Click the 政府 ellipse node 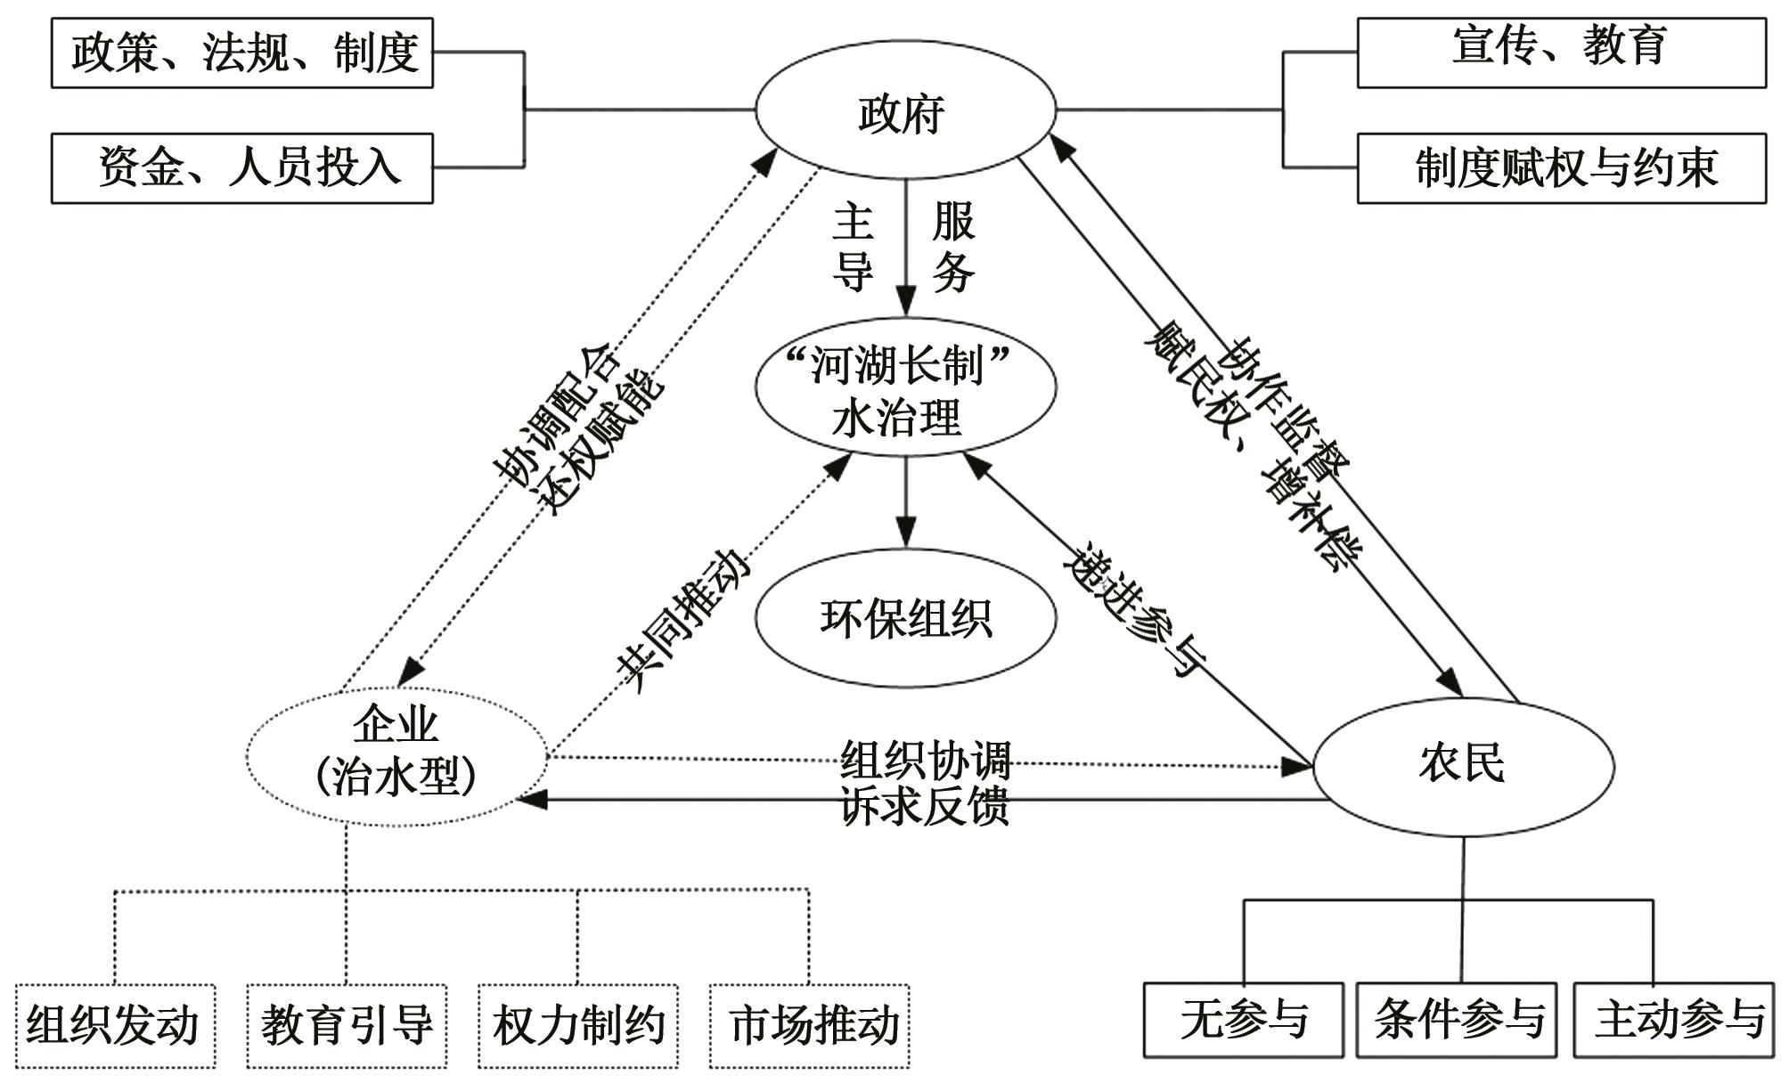tap(905, 112)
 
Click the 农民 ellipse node tap(1463, 764)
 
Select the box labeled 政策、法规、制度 tap(242, 53)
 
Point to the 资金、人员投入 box tap(242, 168)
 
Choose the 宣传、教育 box tap(1561, 53)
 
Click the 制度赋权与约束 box tap(1561, 168)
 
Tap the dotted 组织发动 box tap(115, 1025)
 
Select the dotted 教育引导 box tap(347, 1025)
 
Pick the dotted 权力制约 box tap(578, 1025)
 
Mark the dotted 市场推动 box tap(810, 1025)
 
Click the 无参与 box tap(1243, 1019)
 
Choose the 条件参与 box tap(1457, 1019)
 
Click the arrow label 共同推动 tap(682, 618)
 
